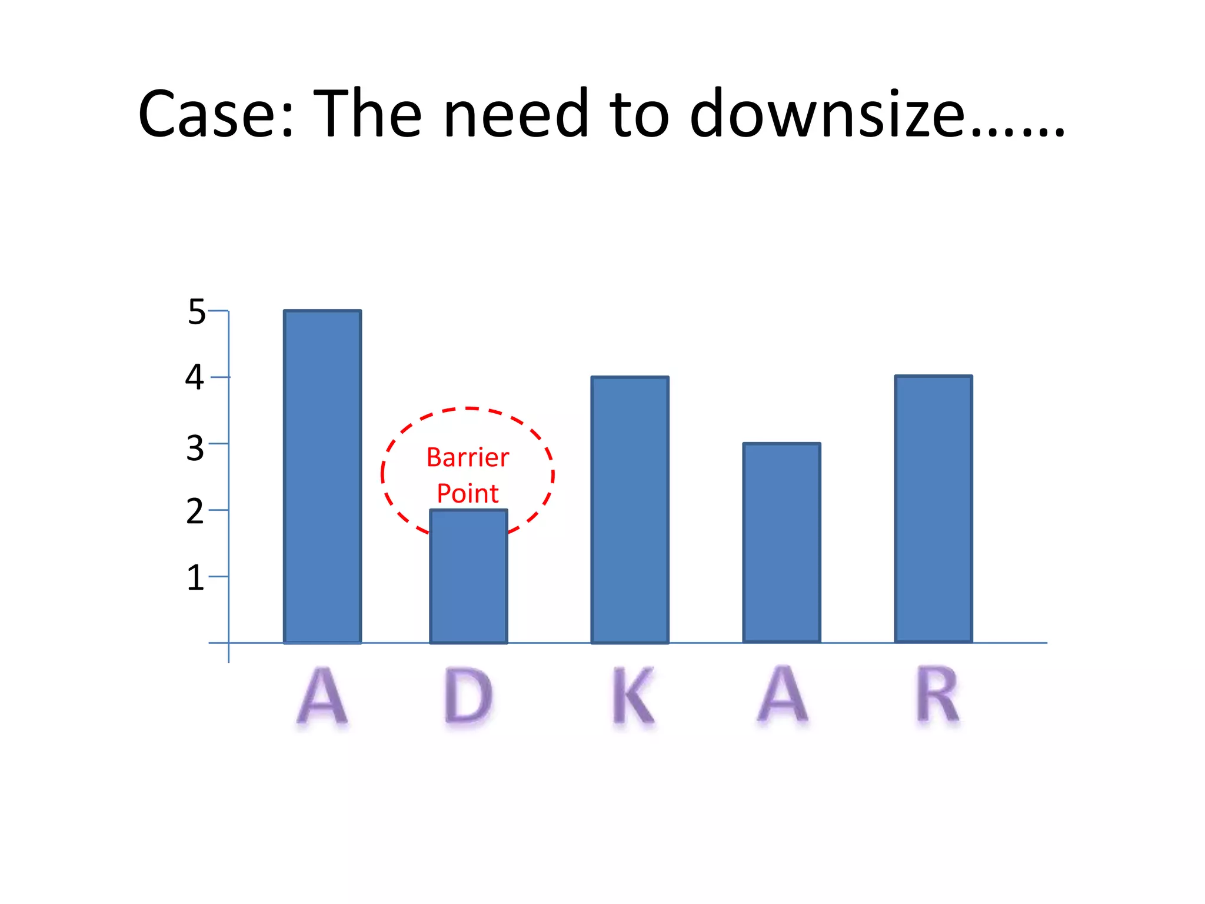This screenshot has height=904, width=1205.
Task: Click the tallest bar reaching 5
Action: pyautogui.click(x=322, y=477)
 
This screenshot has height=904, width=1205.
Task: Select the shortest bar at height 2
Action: pyautogui.click(x=468, y=577)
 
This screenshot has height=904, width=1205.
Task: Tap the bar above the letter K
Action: pyautogui.click(x=630, y=510)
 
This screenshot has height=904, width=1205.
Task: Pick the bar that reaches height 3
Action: pyautogui.click(x=781, y=543)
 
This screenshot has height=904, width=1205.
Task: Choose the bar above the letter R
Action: pyautogui.click(x=933, y=508)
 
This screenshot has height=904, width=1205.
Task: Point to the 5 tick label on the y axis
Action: pyautogui.click(x=197, y=312)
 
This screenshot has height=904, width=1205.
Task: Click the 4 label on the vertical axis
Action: pyautogui.click(x=195, y=377)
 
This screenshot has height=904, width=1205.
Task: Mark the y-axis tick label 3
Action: pyautogui.click(x=195, y=448)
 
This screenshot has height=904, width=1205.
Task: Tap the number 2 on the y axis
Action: pyautogui.click(x=195, y=511)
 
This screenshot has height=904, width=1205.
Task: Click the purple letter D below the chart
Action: pyautogui.click(x=468, y=696)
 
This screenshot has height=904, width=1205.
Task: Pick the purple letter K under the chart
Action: pyautogui.click(x=633, y=696)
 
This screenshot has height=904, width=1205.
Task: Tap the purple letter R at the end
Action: pyautogui.click(x=938, y=694)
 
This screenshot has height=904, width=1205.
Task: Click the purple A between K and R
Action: pyautogui.click(x=783, y=694)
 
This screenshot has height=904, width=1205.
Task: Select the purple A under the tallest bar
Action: pyautogui.click(x=322, y=696)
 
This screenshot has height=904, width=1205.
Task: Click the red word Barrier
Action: pyautogui.click(x=468, y=457)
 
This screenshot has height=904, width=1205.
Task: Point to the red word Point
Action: pyautogui.click(x=468, y=493)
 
